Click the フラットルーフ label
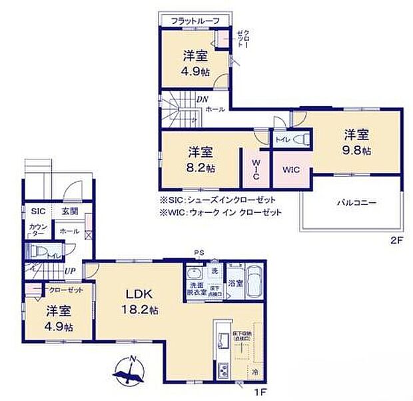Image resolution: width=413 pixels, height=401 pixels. [195, 21]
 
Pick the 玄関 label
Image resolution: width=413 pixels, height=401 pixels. [70, 211]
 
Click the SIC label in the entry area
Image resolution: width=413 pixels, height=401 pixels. [37, 211]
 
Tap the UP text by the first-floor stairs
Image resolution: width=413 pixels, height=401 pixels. [69, 271]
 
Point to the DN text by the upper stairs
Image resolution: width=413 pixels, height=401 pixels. [202, 99]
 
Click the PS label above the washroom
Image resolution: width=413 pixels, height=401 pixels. [198, 252]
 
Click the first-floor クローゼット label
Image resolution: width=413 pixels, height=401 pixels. [65, 290]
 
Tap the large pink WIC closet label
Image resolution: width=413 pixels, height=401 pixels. [291, 170]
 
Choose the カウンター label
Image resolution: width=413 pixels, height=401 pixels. [37, 230]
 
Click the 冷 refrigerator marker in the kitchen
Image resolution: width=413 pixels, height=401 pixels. [254, 370]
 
